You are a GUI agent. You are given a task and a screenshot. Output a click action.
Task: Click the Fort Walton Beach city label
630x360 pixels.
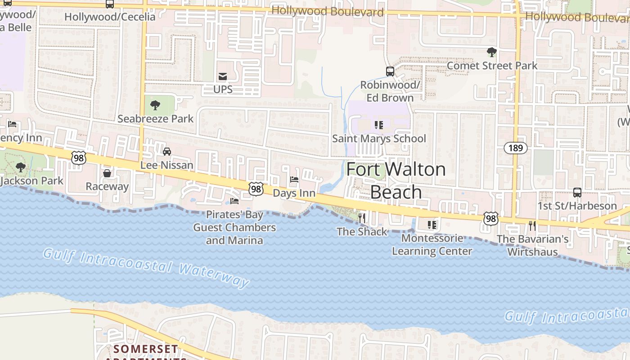point(396,180)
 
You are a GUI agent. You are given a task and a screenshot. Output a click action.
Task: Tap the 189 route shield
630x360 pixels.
point(515,148)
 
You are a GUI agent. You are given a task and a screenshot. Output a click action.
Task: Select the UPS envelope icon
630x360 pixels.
point(223,76)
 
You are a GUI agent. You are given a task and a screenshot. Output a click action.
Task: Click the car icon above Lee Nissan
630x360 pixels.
point(167,152)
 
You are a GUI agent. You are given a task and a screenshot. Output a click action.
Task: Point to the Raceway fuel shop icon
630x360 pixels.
point(107,173)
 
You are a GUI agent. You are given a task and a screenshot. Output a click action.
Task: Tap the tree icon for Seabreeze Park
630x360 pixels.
point(155,105)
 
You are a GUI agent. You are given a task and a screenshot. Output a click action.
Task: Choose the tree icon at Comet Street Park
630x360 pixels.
point(492,52)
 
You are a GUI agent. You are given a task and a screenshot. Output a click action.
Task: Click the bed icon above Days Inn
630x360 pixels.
point(294,180)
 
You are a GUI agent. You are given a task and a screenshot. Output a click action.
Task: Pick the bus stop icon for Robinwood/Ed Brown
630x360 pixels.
point(390,71)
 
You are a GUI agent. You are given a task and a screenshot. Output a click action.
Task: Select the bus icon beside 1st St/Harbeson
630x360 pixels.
point(577,193)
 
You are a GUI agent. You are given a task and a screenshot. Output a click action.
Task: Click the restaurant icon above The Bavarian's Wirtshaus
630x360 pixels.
point(532,225)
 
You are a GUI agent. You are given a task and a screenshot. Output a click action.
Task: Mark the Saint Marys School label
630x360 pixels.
point(379,139)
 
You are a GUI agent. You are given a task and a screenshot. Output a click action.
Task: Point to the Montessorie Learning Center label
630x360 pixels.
point(432,244)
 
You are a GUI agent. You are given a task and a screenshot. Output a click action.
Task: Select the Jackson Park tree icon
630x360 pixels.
point(20,167)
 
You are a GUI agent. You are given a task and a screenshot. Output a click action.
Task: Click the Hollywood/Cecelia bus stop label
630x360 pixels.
point(110,17)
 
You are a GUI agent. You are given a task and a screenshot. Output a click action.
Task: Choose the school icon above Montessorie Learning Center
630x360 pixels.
point(432,225)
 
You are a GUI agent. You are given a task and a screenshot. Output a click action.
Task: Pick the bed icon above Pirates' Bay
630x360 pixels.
point(234,201)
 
